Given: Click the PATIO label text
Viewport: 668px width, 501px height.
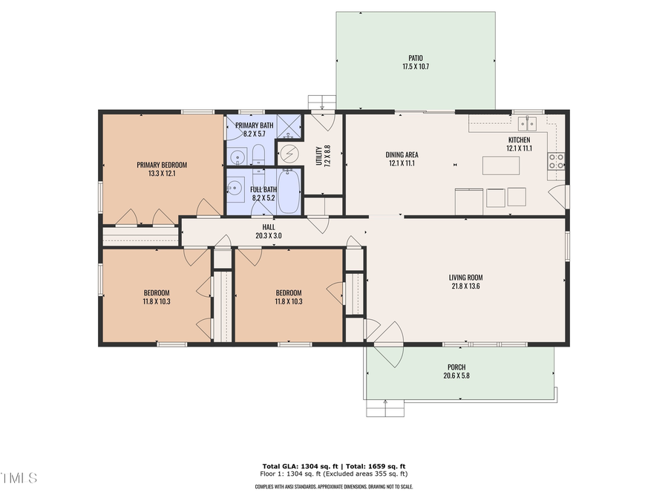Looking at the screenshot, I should point(416,57).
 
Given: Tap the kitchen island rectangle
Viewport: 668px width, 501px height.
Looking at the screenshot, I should point(500,165).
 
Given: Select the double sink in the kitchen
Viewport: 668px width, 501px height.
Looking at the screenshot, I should point(528,122).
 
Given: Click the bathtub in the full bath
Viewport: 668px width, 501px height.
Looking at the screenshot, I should point(288,191).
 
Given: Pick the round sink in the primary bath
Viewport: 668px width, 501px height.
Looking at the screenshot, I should point(237,157).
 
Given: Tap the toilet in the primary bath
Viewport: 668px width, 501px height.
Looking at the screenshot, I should point(258,155).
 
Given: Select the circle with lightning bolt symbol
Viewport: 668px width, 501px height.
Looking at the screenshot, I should point(290,154).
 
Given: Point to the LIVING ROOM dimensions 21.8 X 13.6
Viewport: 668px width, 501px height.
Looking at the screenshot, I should point(466,286).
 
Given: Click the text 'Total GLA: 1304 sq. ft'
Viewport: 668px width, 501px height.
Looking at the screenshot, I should point(294,466).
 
